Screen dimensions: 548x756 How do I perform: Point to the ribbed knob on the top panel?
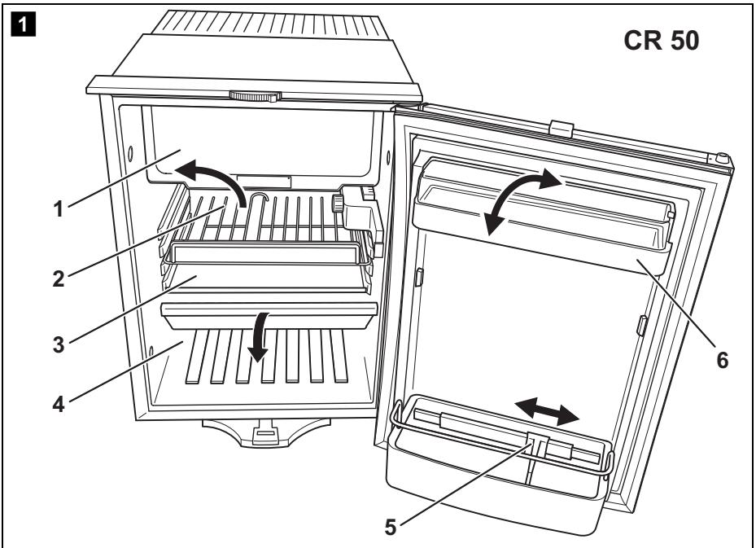pos(254,95)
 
